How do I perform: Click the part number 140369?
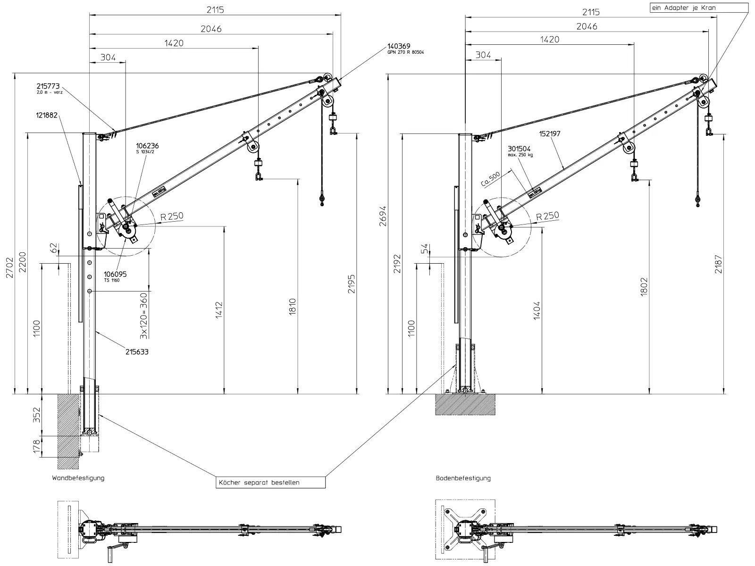pos(399,46)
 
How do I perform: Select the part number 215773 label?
pos(48,86)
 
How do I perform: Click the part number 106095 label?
pos(115,274)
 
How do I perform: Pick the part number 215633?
pos(137,351)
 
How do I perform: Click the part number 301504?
pos(519,149)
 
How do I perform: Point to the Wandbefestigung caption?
pos(78,478)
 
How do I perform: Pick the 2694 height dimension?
pos(383,216)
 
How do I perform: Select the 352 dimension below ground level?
pos(37,415)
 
